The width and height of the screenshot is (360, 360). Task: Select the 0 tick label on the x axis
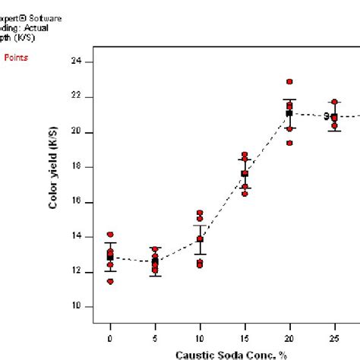pyautogui.click(x=110, y=338)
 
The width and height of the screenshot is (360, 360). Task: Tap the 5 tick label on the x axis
pyautogui.click(x=155, y=338)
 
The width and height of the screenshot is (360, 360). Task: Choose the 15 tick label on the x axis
pyautogui.click(x=245, y=338)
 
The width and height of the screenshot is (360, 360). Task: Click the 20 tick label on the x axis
pyautogui.click(x=289, y=338)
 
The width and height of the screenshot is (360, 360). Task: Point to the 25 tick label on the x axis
pyautogui.click(x=334, y=338)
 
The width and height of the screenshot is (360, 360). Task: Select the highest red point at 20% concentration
pyautogui.click(x=289, y=81)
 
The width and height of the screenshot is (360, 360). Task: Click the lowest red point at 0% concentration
pyautogui.click(x=110, y=281)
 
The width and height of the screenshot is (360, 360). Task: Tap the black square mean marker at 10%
pyautogui.click(x=200, y=239)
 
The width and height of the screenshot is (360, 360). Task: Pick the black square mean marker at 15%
pyautogui.click(x=245, y=174)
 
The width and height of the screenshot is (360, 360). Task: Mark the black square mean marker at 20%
pyautogui.click(x=289, y=113)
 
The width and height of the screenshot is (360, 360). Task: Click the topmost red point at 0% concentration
pyautogui.click(x=110, y=235)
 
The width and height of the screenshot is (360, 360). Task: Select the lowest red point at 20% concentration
pyautogui.click(x=289, y=143)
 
